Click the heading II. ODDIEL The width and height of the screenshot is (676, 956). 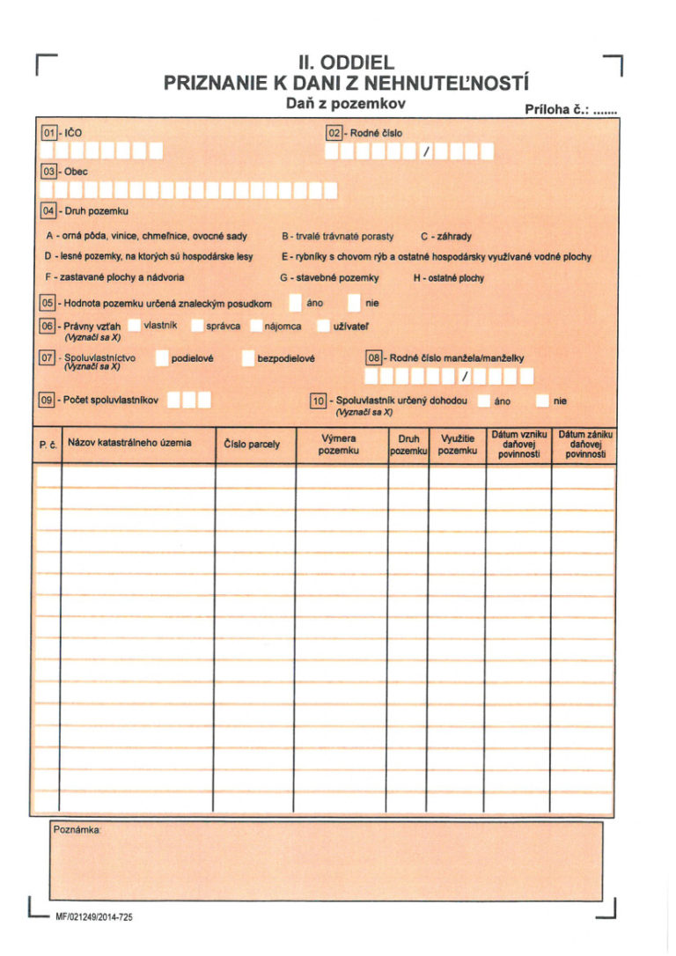[346, 63]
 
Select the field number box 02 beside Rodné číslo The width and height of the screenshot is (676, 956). [334, 133]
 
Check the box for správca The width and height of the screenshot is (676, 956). [196, 327]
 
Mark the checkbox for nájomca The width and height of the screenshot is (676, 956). [255, 327]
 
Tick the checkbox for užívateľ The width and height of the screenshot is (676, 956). [322, 327]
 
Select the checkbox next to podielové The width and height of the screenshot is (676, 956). [162, 358]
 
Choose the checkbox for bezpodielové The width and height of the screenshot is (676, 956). [248, 358]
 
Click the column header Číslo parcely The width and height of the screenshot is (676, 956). [253, 445]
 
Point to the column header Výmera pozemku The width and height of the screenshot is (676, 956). [340, 445]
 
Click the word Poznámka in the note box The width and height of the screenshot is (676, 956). [77, 831]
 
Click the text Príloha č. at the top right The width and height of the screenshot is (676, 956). [556, 110]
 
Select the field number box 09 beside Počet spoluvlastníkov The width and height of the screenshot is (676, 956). [49, 400]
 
